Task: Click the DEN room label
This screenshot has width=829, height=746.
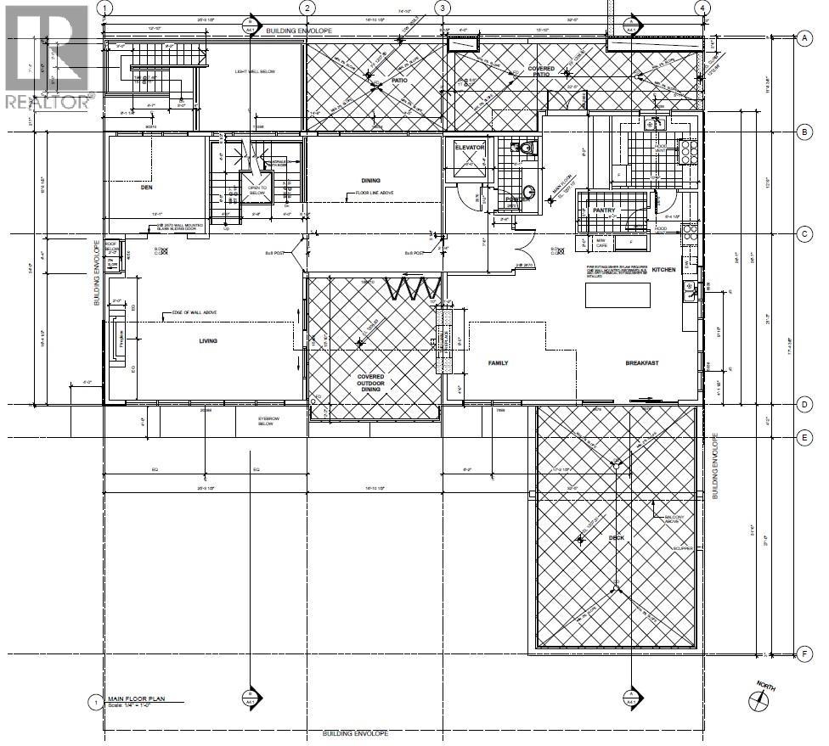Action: point(145,188)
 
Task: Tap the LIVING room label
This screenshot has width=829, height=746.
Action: point(208,341)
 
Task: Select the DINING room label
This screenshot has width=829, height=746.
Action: point(370,180)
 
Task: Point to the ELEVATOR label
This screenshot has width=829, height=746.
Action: point(470,148)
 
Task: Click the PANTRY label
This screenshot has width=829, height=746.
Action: point(604,210)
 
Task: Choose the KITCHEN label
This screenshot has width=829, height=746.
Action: point(663,269)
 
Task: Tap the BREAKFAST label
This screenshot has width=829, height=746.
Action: point(643,362)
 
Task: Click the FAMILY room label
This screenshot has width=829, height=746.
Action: point(498,362)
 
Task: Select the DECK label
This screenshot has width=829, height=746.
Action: point(616,537)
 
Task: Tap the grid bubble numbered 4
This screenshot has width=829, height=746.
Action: point(701,8)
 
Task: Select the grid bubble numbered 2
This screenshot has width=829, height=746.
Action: point(307,8)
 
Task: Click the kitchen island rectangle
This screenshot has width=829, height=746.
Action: point(618,294)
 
